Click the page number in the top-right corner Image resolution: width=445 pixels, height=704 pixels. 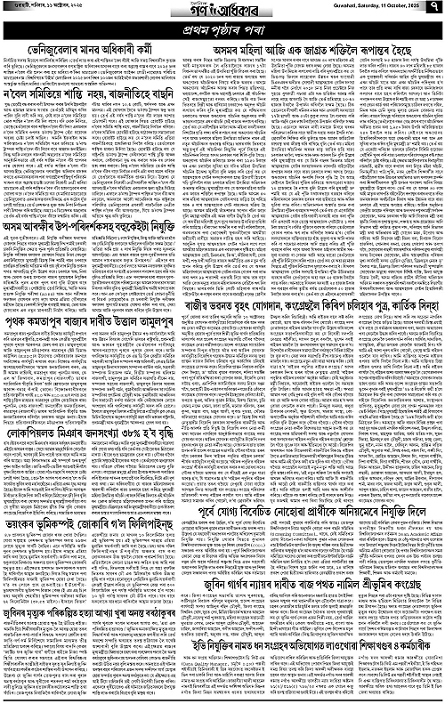(x=436, y=11)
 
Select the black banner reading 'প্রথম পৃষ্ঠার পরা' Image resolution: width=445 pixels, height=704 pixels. (x=222, y=32)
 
